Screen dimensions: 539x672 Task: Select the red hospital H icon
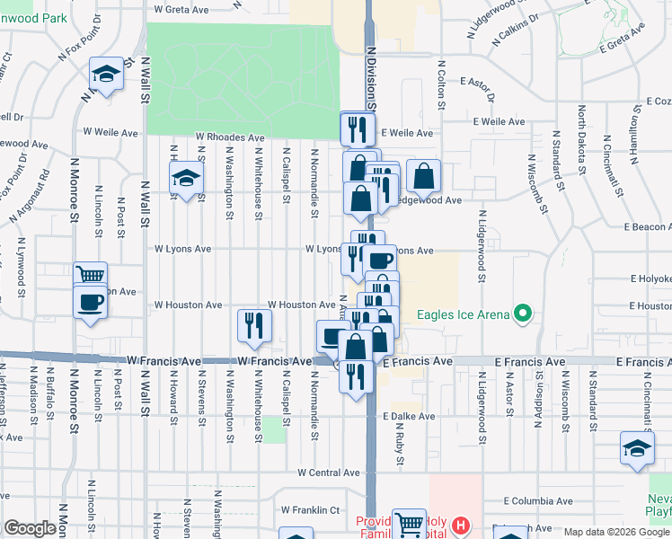pyautogui.click(x=461, y=525)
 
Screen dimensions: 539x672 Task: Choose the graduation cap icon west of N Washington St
pyautogui.click(x=185, y=179)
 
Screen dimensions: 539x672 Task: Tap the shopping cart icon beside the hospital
pyautogui.click(x=409, y=523)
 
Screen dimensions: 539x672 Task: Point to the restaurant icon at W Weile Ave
pyautogui.click(x=358, y=128)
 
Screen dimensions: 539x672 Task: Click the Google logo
pyautogui.click(x=31, y=528)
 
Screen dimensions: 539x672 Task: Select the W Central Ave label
pyautogui.click(x=328, y=473)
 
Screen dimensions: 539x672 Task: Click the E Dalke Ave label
pyautogui.click(x=409, y=417)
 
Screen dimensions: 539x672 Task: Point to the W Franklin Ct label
pyautogui.click(x=309, y=509)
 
